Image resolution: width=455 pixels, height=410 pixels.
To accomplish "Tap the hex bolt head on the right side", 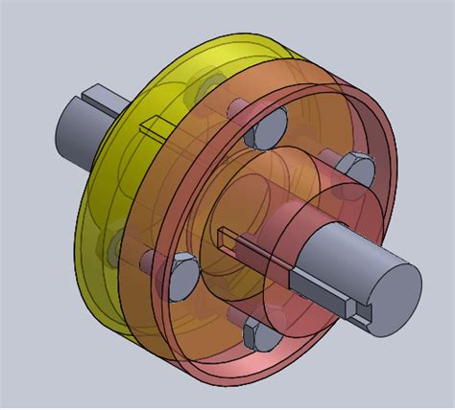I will coord(357,171).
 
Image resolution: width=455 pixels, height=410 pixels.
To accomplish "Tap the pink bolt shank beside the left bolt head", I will coord(154,262).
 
